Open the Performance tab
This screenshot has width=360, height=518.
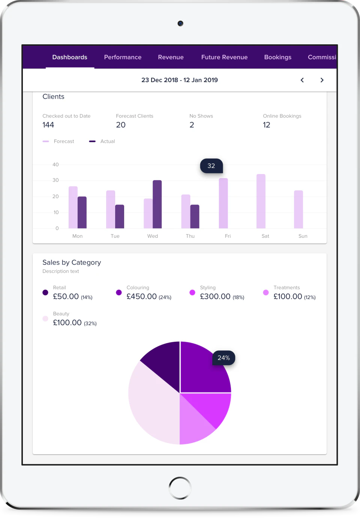click(123, 57)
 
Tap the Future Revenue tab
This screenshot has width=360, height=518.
click(224, 57)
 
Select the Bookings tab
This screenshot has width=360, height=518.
click(277, 57)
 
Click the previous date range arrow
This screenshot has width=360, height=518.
click(302, 80)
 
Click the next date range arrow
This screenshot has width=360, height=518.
click(322, 80)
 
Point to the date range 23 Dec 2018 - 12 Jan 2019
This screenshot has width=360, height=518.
click(180, 80)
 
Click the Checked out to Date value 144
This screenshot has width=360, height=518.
click(48, 125)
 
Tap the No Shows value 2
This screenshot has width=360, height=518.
click(192, 125)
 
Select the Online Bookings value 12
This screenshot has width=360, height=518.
click(267, 125)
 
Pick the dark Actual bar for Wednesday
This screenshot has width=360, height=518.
click(157, 204)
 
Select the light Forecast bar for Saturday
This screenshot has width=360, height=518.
click(261, 201)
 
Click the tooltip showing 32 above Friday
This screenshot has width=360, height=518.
click(211, 166)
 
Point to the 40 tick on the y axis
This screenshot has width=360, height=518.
click(55, 165)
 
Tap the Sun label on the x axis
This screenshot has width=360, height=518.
click(303, 236)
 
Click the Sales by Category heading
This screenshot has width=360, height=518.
click(72, 263)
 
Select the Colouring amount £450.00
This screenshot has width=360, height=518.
click(142, 296)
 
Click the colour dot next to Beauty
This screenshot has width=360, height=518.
click(45, 319)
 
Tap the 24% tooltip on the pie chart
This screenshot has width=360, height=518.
click(224, 358)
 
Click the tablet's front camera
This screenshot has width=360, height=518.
click(180, 23)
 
